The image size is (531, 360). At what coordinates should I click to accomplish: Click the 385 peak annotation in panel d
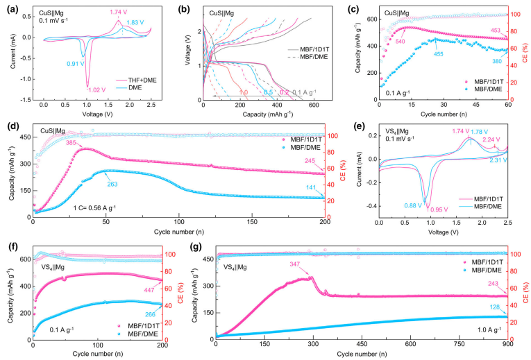[72, 143]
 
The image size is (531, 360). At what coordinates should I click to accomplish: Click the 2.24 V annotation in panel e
[492, 139]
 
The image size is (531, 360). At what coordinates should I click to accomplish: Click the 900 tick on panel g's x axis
[508, 345]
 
